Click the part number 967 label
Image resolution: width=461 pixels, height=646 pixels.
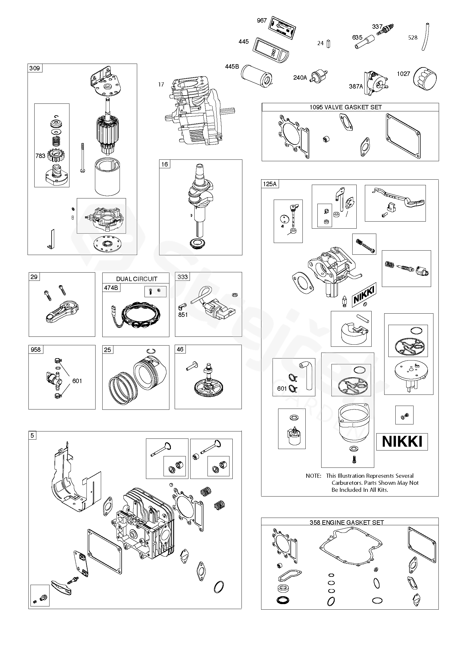point(262,21)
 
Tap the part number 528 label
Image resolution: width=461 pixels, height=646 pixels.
point(413,38)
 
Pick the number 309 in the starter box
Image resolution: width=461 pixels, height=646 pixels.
point(35,68)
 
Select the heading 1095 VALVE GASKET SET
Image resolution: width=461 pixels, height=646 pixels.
point(346,107)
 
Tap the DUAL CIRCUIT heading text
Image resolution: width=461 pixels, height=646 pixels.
point(137,279)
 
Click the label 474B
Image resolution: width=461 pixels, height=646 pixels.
point(111,288)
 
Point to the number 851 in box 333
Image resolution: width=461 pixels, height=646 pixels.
point(183,314)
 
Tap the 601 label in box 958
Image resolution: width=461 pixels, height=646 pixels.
point(77,381)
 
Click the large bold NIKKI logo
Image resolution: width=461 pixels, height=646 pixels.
point(402,441)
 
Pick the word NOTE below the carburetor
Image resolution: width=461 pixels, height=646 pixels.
point(313,475)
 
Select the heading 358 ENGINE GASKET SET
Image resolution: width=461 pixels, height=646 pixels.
point(347,522)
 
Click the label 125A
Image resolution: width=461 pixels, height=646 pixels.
point(269,184)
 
